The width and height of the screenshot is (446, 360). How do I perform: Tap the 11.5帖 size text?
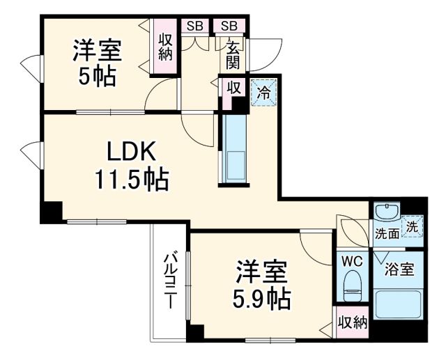coord(132,180)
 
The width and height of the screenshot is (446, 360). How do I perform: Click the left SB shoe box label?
coord(194,26)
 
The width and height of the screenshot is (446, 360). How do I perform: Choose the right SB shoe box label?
coord(229,26)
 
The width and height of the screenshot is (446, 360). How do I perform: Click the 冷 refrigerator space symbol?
coord(264,91)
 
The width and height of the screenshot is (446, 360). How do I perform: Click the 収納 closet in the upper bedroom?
coord(165,47)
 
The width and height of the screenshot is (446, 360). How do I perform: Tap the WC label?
coord(351,261)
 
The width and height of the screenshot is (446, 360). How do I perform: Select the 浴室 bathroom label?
coord(399,268)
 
